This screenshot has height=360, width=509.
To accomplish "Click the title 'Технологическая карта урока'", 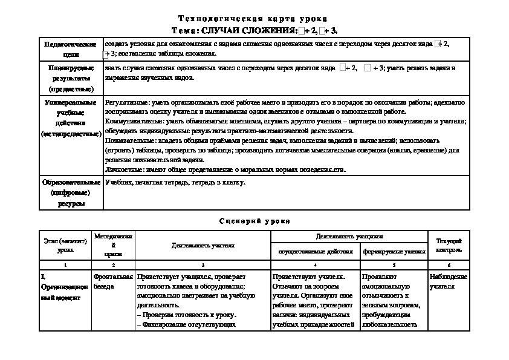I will [x=254, y=19].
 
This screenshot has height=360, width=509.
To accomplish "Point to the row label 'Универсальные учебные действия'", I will [x=71, y=118].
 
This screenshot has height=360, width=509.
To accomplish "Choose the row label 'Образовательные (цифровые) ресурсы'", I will [x=71, y=192].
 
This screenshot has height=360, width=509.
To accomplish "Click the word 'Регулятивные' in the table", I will [x=127, y=103].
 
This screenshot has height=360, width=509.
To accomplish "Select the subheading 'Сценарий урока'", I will [x=254, y=221].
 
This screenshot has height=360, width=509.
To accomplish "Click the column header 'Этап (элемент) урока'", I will [x=64, y=244].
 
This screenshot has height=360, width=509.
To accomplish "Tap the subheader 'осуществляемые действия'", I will [x=314, y=250].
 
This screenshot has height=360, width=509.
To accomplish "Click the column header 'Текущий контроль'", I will [x=449, y=244].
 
